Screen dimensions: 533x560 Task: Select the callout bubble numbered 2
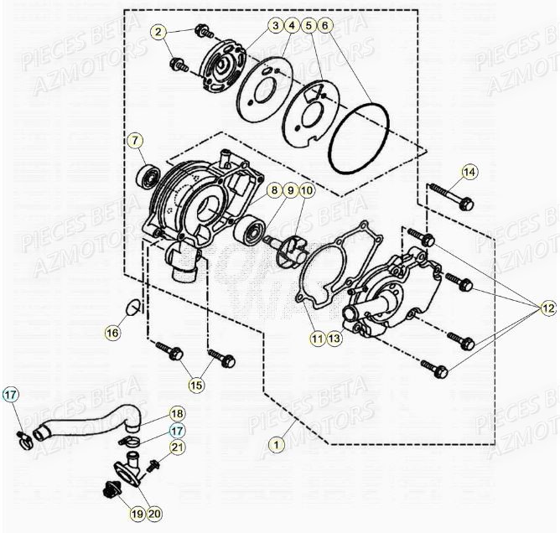pyautogui.click(x=158, y=33)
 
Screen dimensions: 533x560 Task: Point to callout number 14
pyautogui.click(x=469, y=173)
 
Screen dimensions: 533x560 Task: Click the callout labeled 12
pyautogui.click(x=547, y=309)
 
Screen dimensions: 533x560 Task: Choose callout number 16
pyautogui.click(x=111, y=333)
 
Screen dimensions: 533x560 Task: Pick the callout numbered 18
pyautogui.click(x=177, y=413)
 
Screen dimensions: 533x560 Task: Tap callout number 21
pyautogui.click(x=177, y=449)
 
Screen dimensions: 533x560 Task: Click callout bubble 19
pyautogui.click(x=137, y=512)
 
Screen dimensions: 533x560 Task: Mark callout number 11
pyautogui.click(x=316, y=339)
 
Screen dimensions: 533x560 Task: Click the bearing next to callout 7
pyautogui.click(x=151, y=178)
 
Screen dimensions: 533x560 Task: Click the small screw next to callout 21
pyautogui.click(x=153, y=463)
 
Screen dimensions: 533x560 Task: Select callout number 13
pyautogui.click(x=334, y=339)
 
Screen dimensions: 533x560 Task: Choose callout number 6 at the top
pyautogui.click(x=325, y=26)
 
